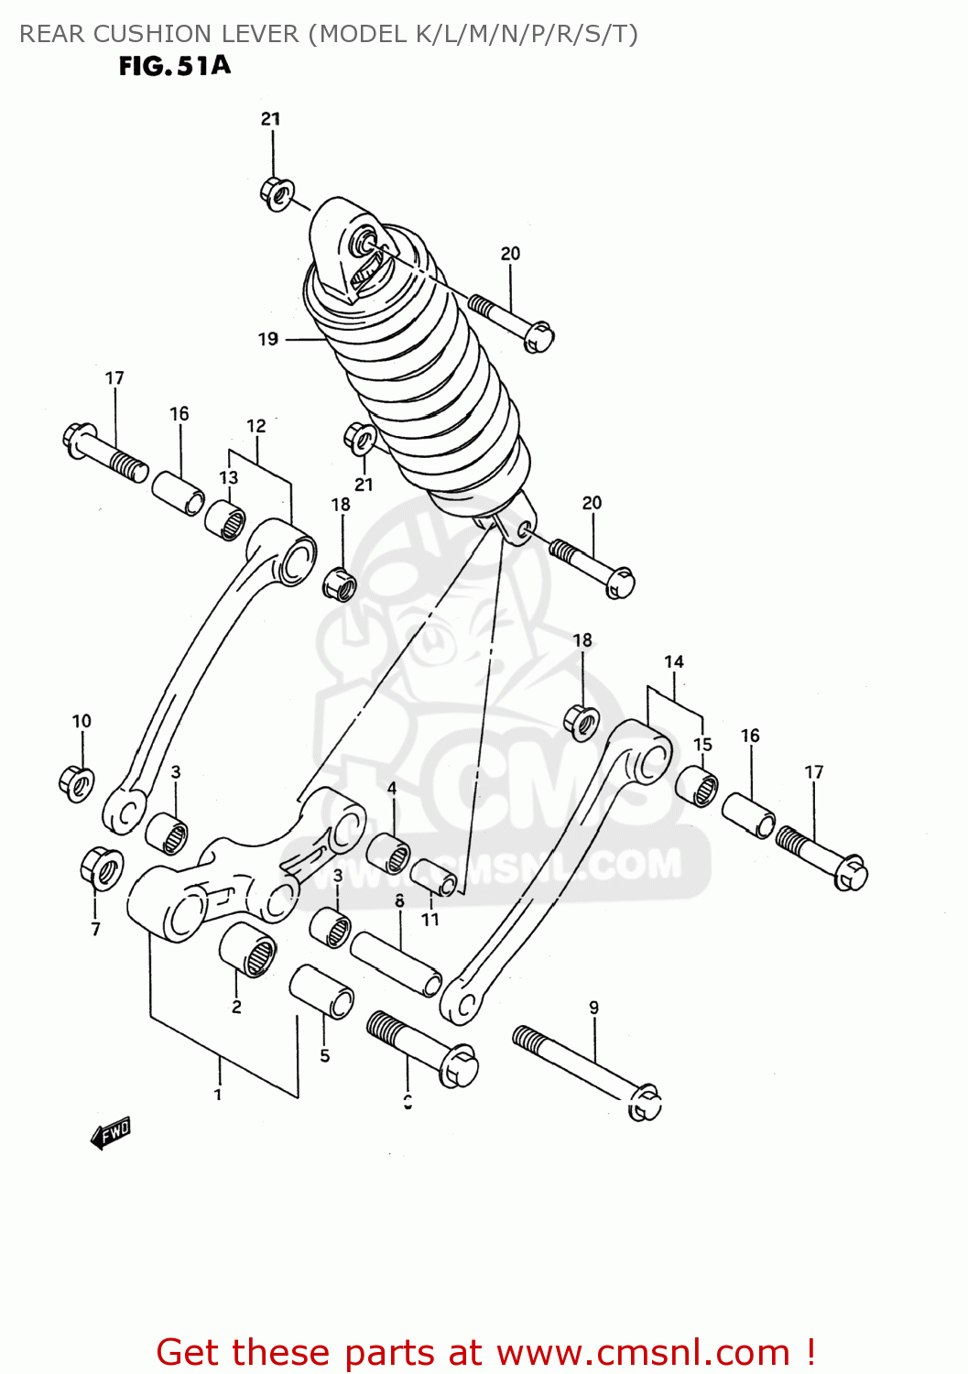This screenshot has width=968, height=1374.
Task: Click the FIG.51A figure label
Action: (174, 66)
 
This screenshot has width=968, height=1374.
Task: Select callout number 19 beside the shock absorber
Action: (267, 339)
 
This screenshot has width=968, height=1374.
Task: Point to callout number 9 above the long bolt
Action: (593, 1008)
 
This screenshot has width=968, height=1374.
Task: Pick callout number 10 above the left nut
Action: (82, 721)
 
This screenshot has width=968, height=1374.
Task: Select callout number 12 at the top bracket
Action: (256, 426)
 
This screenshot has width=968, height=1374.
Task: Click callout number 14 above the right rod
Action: (674, 661)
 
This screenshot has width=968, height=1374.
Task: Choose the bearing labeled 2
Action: (248, 949)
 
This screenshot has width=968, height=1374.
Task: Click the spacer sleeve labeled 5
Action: (321, 990)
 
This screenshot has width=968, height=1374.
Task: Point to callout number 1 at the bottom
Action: (218, 1094)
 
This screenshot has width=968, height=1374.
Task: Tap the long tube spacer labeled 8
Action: (396, 963)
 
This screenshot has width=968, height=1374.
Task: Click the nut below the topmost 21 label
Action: (276, 193)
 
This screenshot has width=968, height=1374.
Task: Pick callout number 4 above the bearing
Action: (392, 789)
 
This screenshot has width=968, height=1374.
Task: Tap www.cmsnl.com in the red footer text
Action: (643, 1352)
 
